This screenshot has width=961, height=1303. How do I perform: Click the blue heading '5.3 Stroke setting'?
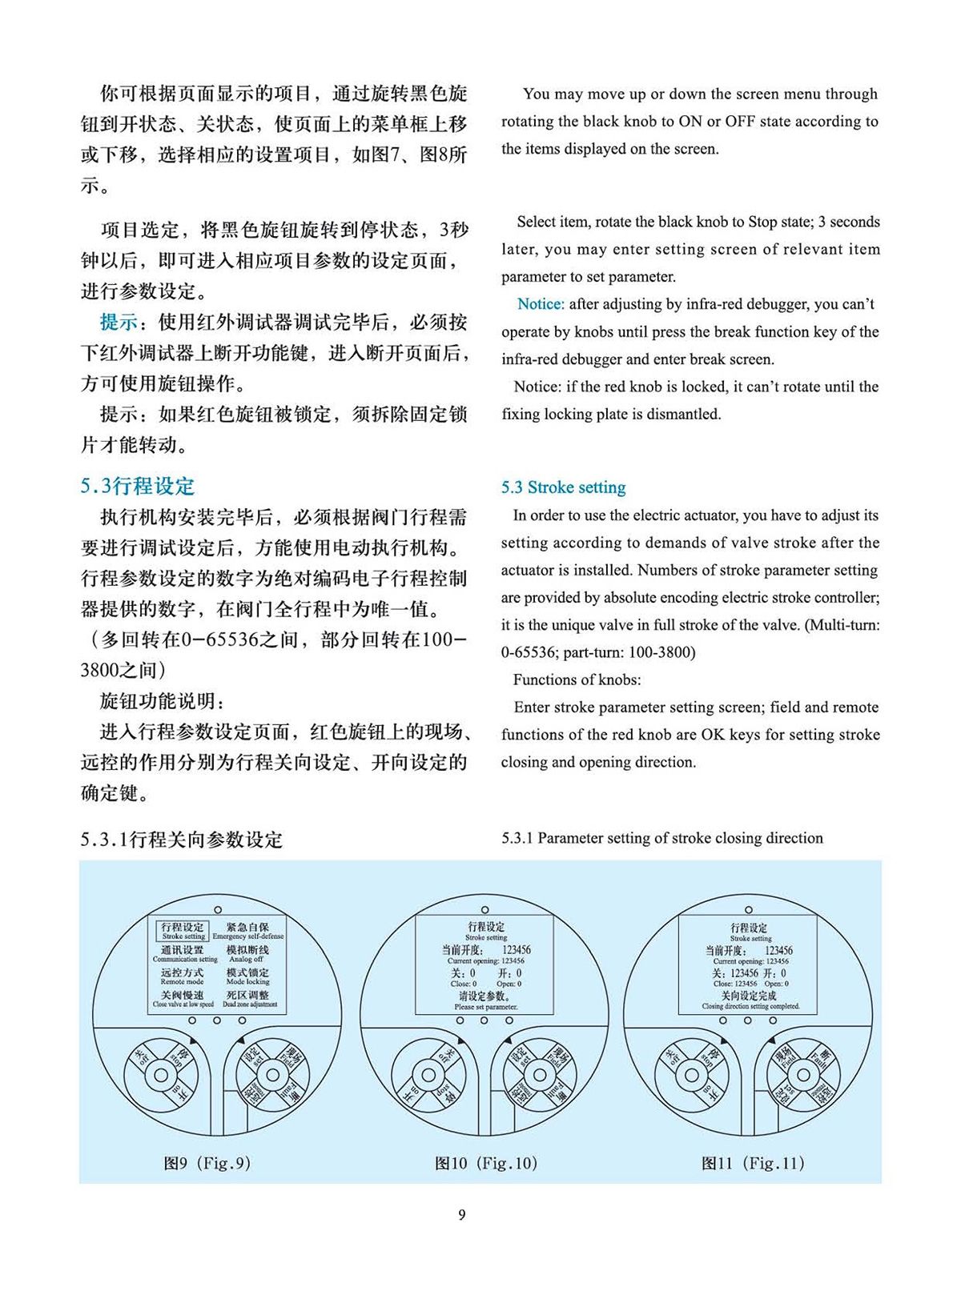[563, 487]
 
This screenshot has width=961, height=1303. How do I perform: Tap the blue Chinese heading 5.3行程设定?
[137, 486]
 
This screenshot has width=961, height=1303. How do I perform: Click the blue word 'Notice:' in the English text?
[541, 304]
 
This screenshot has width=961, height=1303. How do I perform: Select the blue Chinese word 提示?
[119, 323]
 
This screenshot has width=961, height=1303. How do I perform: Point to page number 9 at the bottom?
[461, 1215]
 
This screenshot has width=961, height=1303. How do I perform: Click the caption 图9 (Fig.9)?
[207, 1163]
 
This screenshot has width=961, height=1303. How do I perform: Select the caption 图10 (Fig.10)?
[485, 1163]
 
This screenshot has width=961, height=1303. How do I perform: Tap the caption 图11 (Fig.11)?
[752, 1163]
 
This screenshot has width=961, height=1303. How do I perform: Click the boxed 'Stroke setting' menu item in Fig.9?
[183, 931]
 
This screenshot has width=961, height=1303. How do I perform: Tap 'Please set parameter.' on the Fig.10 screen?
[486, 1006]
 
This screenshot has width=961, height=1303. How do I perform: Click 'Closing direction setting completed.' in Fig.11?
[750, 1006]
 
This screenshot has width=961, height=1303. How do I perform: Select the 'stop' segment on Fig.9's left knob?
[181, 1058]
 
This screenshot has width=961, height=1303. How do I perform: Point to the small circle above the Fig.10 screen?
[485, 910]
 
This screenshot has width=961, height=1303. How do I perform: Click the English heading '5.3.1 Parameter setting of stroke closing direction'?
[662, 838]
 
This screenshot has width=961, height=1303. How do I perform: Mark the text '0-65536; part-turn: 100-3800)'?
[598, 652]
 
